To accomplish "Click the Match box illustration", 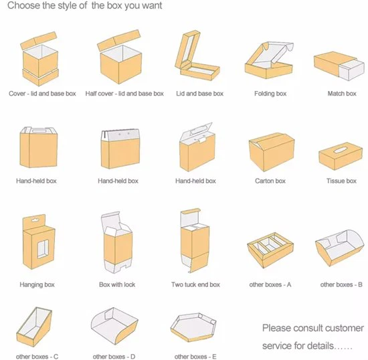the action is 339,66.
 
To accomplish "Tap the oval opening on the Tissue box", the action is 341,150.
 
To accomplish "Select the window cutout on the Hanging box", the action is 43,249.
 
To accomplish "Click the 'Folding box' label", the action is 270,94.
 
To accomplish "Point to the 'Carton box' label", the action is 270,181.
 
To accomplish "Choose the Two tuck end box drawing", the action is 195,240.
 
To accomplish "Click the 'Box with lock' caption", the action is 117,284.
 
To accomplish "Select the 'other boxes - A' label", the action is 270,284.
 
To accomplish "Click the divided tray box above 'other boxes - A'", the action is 270,250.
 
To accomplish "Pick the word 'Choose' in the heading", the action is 23,5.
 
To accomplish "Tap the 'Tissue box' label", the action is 341,181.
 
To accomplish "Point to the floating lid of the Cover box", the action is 39,40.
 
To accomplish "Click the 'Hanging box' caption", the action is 37,284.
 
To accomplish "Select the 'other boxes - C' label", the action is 37,357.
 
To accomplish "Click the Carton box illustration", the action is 272,152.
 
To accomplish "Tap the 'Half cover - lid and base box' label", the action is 124,94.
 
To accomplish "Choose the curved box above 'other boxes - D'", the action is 114,326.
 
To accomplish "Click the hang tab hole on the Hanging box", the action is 34,220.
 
